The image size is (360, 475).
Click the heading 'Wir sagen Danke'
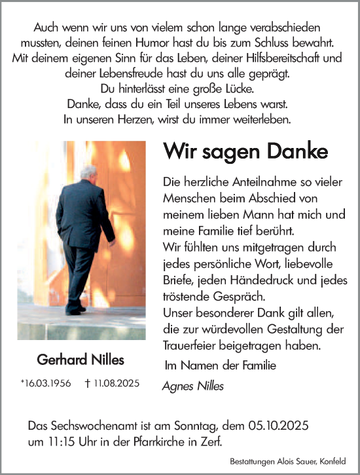click(245, 152)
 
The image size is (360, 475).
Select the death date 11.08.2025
click(117, 384)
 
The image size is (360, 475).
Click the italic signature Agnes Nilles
click(192, 386)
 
